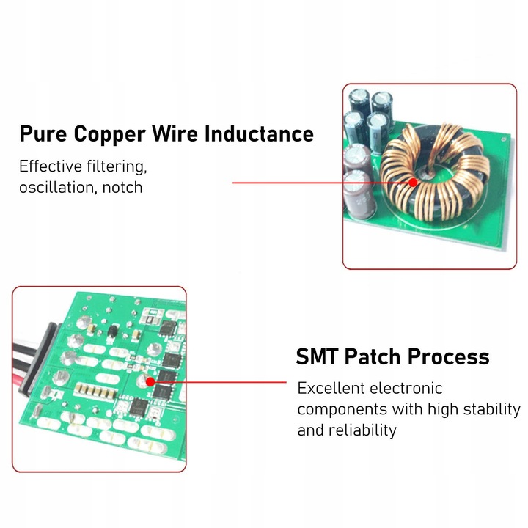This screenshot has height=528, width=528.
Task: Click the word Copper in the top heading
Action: pyautogui.click(x=109, y=134)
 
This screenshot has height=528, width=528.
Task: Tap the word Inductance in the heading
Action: pyautogui.click(x=259, y=133)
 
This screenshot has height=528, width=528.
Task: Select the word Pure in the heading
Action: pyautogui.click(x=43, y=133)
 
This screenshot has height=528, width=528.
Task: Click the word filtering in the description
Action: pyautogui.click(x=117, y=166)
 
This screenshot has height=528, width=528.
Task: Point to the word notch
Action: pyautogui.click(x=122, y=187)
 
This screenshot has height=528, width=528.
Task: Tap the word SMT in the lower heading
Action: pyautogui.click(x=317, y=356)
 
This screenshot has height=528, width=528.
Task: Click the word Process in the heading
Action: pyautogui.click(x=448, y=356)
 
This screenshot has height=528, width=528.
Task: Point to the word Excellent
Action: pyautogui.click(x=331, y=388)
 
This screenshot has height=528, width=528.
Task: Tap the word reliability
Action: pyautogui.click(x=362, y=430)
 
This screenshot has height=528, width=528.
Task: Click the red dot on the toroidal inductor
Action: pyautogui.click(x=413, y=183)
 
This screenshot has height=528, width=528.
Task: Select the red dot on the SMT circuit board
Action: pyautogui.click(x=150, y=382)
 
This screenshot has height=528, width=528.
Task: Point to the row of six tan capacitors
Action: pyautogui.click(x=95, y=390)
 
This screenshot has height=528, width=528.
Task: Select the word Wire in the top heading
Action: pyautogui.click(x=175, y=133)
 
